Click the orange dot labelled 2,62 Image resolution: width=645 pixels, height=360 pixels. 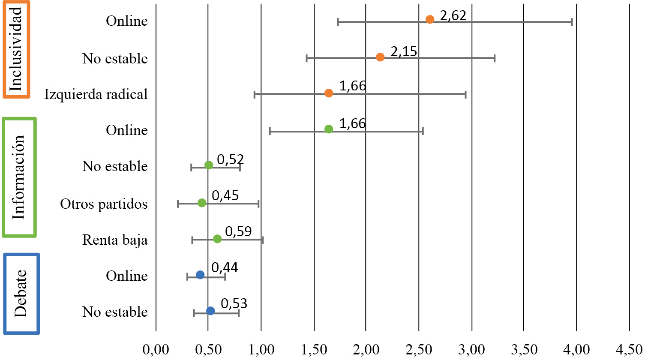[x=430, y=19]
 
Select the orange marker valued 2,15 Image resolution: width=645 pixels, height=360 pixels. [x=380, y=57]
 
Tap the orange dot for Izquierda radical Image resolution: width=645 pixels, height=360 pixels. [x=329, y=93]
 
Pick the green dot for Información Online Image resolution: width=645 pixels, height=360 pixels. [x=329, y=129]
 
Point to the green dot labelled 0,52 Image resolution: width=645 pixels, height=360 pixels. [x=209, y=165]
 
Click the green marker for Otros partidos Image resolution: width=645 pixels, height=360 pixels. [x=202, y=203]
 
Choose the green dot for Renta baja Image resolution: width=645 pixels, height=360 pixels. [x=217, y=239]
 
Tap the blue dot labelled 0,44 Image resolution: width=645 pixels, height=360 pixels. [x=200, y=275]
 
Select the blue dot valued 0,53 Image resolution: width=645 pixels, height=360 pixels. [x=210, y=311]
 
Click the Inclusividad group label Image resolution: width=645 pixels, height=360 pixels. [x=16, y=49]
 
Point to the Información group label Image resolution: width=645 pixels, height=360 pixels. [x=19, y=177]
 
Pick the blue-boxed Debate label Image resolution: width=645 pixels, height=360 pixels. [x=21, y=294]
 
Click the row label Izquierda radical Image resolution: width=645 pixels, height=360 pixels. [x=96, y=94]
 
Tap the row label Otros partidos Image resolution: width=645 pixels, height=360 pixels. [x=104, y=204]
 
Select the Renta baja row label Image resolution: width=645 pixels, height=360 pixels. [x=115, y=240]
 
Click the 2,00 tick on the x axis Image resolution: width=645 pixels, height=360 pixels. [x=366, y=350]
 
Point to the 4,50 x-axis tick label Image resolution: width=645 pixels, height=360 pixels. [x=629, y=350]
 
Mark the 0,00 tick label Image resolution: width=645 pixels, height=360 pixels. [x=156, y=350]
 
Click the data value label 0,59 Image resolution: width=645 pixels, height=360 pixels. [x=238, y=231]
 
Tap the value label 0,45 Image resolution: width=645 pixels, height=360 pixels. [x=225, y=195]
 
